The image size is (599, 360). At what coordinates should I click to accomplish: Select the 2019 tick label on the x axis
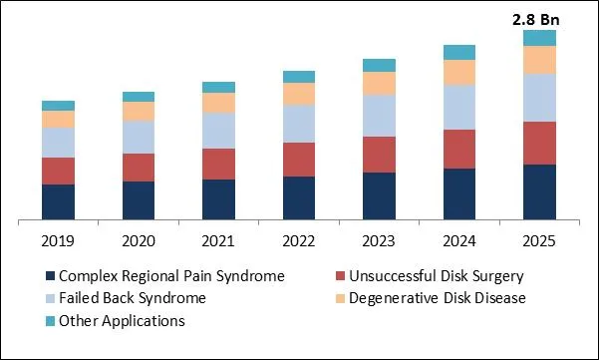tap(58, 241)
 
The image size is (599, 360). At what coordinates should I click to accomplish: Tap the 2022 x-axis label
tap(299, 241)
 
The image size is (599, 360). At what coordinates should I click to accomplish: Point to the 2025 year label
tap(539, 241)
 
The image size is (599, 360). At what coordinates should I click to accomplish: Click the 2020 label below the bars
tap(139, 241)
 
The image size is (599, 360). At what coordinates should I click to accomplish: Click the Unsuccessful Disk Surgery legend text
tap(437, 276)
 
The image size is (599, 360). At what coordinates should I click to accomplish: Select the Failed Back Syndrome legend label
tap(132, 298)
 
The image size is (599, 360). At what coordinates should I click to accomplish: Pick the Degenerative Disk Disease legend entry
tap(438, 298)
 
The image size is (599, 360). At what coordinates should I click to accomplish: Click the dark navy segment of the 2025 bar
tap(539, 191)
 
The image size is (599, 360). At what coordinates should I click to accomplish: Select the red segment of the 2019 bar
tap(58, 171)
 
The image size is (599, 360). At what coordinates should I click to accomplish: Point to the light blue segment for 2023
tap(379, 116)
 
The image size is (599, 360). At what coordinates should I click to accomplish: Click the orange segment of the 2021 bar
tap(218, 102)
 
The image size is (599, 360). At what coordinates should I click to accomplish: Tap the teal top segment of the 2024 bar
tap(459, 52)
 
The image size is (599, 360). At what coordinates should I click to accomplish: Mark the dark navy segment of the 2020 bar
tap(139, 199)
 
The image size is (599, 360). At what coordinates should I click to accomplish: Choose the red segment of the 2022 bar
tap(299, 160)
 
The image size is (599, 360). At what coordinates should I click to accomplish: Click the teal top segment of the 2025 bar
tap(539, 38)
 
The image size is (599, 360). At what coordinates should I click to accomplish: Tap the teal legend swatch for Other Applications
tap(49, 321)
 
